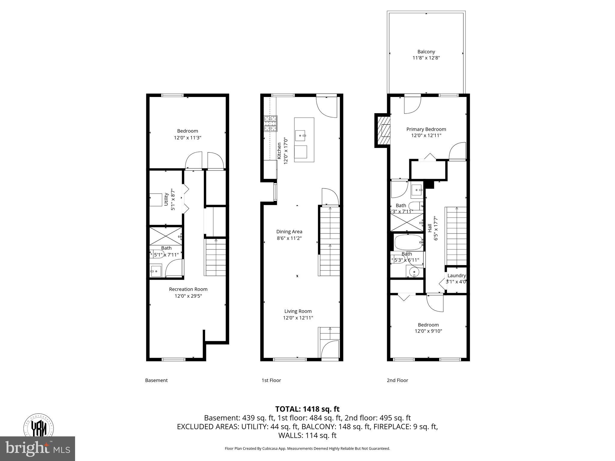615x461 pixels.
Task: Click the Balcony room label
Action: pos(426,52)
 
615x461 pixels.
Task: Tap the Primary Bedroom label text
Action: pos(426,129)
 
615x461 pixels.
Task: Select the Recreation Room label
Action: pos(188,289)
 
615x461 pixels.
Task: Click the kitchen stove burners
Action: pos(270,124)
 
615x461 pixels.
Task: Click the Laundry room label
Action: pos(456,276)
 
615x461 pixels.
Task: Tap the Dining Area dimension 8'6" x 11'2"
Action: pos(289,238)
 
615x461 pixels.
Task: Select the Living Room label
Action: pos(298,311)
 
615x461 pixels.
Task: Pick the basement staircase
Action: pos(215,257)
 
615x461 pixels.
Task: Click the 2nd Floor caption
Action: pos(397,380)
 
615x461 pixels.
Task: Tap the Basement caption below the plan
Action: pos(156,380)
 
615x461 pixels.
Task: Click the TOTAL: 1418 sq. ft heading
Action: pos(307,409)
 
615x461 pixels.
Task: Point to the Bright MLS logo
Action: pos(38,449)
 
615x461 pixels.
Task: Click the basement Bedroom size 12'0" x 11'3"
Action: pos(187,138)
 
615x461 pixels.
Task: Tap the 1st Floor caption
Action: pos(271,380)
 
